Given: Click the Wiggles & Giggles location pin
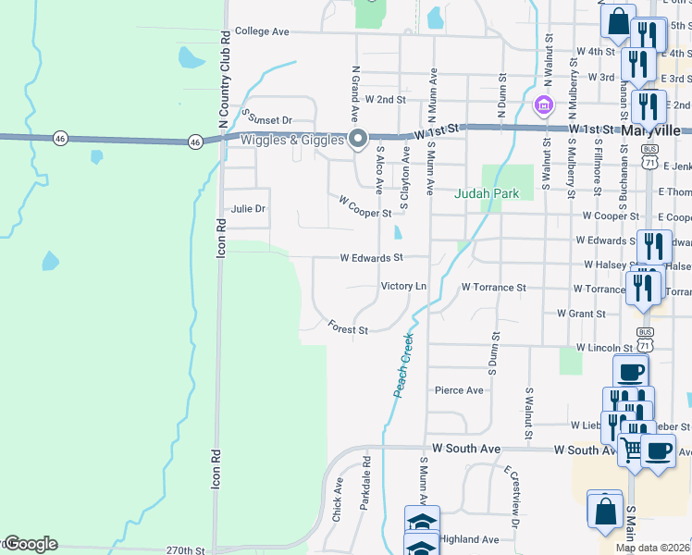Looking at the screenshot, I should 359,140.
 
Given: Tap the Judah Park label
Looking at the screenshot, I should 486,193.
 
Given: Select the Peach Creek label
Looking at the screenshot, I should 404,366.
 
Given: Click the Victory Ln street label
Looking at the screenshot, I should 403,287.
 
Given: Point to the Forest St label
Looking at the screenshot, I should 348,327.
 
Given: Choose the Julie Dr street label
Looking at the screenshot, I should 248,209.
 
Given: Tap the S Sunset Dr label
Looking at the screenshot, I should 266,118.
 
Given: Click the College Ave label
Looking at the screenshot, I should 262,31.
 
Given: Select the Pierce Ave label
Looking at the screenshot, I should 459,390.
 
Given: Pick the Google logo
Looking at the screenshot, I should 30,544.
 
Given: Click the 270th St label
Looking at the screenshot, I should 185,550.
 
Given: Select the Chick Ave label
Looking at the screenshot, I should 338,495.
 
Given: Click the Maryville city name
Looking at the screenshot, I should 651,130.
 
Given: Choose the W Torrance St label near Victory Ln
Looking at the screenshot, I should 493,288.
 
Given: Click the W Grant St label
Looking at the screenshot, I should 581,314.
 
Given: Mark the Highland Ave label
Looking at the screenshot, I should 470,539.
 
